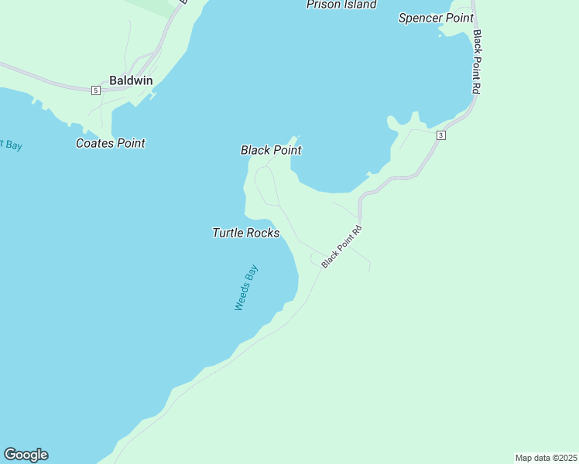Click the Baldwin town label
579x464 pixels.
pyautogui.click(x=131, y=80)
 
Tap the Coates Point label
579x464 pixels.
pyautogui.click(x=111, y=143)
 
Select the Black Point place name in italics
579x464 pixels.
pyautogui.click(x=271, y=150)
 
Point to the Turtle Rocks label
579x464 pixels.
pyautogui.click(x=246, y=233)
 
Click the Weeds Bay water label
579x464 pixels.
pyautogui.click(x=246, y=288)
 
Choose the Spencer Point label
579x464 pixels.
pyautogui.click(x=436, y=18)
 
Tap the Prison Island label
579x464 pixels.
pyautogui.click(x=341, y=5)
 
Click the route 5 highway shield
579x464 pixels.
pyautogui.click(x=95, y=90)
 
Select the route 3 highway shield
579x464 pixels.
pyautogui.click(x=440, y=135)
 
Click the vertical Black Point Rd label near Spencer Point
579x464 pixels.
pyautogui.click(x=477, y=62)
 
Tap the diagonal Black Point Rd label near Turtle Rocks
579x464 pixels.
pyautogui.click(x=341, y=246)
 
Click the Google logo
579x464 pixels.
pyautogui.click(x=26, y=455)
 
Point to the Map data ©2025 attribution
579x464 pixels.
pyautogui.click(x=546, y=457)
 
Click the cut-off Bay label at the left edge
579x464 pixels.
pyautogui.click(x=11, y=145)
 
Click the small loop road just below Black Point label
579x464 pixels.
pyautogui.click(x=265, y=186)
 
